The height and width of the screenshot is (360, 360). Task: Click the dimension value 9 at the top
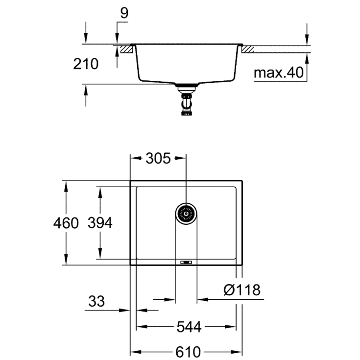[x=123, y=13]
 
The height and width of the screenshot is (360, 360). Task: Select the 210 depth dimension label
[x=86, y=64]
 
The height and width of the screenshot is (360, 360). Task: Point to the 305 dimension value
[x=158, y=158]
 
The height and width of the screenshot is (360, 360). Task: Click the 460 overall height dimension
[x=66, y=223]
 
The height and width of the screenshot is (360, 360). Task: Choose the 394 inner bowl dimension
[x=100, y=223]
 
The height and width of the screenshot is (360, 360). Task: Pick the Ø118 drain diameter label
[x=241, y=290]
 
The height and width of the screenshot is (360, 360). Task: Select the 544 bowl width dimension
[x=189, y=327]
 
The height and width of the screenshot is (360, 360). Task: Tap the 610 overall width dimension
[x=189, y=352]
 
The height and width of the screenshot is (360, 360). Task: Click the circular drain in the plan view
[x=186, y=214]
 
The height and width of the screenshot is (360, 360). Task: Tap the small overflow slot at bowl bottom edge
[x=186, y=262]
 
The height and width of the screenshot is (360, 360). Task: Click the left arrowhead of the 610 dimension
[x=134, y=352]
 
